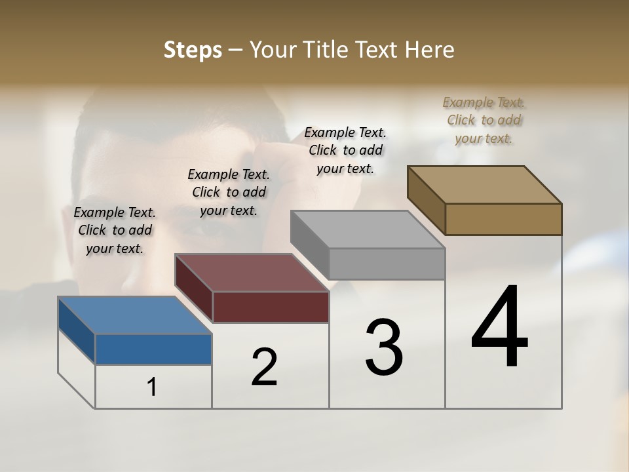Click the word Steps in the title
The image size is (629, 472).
(193, 50)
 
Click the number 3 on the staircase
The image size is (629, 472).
(384, 347)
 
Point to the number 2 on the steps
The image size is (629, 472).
(265, 367)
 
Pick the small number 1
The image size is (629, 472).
(152, 387)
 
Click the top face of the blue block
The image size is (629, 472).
(135, 315)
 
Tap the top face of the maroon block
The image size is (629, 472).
(252, 273)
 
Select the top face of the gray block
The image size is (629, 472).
(368, 229)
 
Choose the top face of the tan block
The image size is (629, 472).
(484, 185)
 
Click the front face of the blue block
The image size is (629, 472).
(153, 349)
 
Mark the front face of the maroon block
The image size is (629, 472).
(271, 307)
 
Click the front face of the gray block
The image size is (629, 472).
(387, 264)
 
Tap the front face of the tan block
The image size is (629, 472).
(503, 219)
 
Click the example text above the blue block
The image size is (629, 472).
(115, 230)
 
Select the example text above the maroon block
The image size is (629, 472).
(229, 192)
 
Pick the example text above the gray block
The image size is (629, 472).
(345, 150)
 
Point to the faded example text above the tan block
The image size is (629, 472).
(484, 120)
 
